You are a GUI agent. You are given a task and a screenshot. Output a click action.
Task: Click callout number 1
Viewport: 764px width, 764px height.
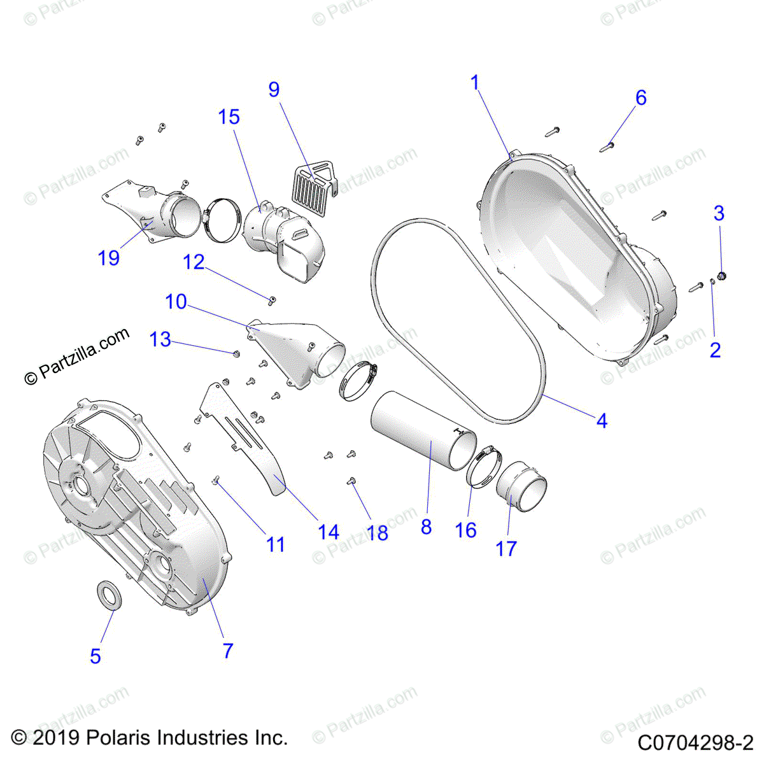point(474,83)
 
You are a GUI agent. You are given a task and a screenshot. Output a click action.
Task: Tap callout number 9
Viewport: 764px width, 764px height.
point(274,90)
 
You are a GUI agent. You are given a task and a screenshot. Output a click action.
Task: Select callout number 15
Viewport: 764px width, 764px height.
point(229,117)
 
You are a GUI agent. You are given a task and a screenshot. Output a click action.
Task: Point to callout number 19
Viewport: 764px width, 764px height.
point(109,258)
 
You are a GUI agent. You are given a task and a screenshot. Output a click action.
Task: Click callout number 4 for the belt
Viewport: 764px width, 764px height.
point(602,420)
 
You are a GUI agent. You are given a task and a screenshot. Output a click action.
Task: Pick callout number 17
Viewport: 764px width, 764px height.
point(506,548)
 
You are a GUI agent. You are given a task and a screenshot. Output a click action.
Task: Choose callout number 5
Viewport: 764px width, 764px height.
point(95,656)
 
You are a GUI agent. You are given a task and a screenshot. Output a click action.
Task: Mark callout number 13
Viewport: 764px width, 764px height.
point(160,339)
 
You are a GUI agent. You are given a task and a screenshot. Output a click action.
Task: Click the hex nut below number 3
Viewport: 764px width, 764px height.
point(722,276)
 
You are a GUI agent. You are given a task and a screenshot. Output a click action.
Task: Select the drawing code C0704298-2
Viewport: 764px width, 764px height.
point(695,742)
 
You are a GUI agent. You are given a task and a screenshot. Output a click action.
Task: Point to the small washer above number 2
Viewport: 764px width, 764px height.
point(712,282)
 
